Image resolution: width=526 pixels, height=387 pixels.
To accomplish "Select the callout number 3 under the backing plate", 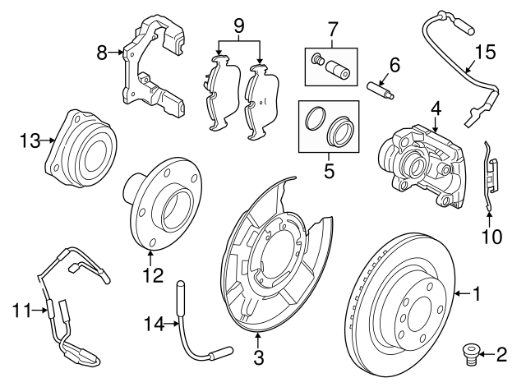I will [x=259, y=357].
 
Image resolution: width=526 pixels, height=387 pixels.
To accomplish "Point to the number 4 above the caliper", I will [x=435, y=107].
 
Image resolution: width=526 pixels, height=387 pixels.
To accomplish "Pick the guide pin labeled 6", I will [x=383, y=85].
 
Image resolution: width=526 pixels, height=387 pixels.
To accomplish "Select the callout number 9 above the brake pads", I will [x=239, y=25].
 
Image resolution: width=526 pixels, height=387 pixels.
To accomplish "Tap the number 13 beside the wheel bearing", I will [x=30, y=141].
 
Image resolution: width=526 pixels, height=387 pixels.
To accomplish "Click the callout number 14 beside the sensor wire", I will [x=150, y=324].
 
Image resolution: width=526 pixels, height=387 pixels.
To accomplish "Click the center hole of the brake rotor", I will [x=417, y=310].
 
